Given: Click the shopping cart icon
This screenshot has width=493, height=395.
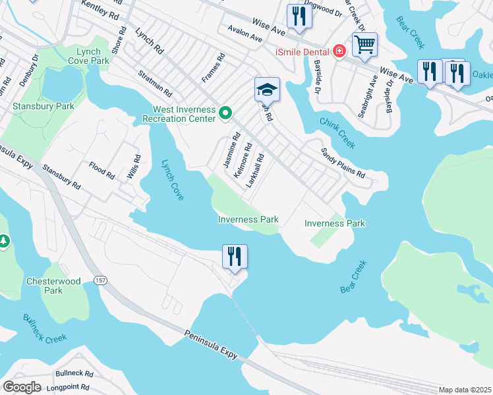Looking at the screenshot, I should pos(364,45).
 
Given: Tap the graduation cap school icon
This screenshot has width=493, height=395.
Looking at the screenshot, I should pos(268,90).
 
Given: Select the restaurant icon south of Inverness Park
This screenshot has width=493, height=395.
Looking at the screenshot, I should pos(235,256).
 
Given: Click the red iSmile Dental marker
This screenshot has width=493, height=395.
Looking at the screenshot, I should pos(339,51).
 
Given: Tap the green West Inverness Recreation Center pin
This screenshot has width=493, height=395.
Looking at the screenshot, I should pos(225,114).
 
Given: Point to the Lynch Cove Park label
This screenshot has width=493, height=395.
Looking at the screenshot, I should pos(88,56).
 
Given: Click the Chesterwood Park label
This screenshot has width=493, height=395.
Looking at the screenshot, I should pos(53,286).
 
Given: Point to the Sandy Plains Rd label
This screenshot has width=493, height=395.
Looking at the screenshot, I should pos(343,163).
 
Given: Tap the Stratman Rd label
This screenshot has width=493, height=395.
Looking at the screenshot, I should pos(155,84).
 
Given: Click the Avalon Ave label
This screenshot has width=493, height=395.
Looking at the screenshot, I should pos(245,35).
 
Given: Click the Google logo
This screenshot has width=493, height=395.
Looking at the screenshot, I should pos(22,386).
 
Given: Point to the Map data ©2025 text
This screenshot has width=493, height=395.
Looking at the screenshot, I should pos(465,390).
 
